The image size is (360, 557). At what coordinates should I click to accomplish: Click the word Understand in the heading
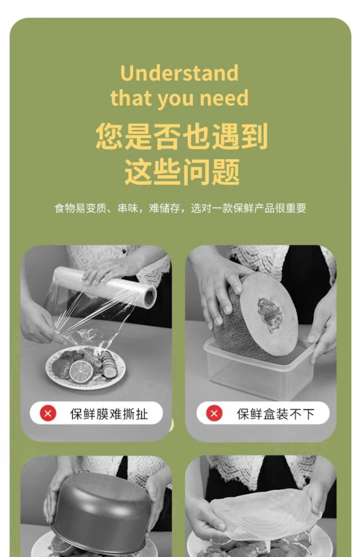coord(179,73)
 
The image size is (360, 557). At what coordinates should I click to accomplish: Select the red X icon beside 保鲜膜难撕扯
coord(48,413)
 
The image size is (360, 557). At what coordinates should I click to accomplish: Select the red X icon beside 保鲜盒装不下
coord(214,413)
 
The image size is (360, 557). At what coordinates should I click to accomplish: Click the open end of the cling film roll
coord(150,297)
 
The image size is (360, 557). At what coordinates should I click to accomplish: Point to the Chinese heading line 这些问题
coord(182,172)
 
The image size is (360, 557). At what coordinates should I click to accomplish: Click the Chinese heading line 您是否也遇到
coord(181,136)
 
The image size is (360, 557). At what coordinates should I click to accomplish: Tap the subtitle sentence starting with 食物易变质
coord(180,208)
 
